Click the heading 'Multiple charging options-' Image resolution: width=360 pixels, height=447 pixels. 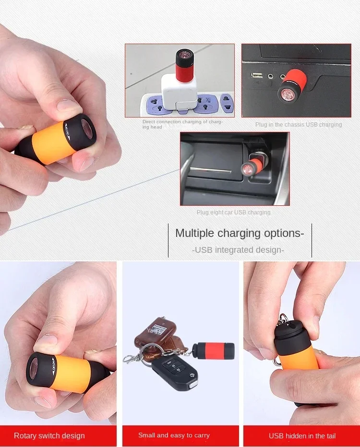point(240,234)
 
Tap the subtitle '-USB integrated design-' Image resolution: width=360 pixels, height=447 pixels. point(238,250)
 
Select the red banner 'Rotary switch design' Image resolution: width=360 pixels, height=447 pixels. point(49,435)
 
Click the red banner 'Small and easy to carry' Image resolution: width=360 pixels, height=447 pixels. point(174,435)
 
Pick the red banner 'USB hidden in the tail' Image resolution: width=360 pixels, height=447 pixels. point(302,435)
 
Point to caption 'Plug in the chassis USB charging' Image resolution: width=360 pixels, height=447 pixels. point(299,125)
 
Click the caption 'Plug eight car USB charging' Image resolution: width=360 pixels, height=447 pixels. point(233,212)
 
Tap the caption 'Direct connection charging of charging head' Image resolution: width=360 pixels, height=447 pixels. point(182,124)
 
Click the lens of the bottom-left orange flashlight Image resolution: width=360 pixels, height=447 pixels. point(37,366)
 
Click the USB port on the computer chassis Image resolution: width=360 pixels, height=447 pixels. point(257,75)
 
